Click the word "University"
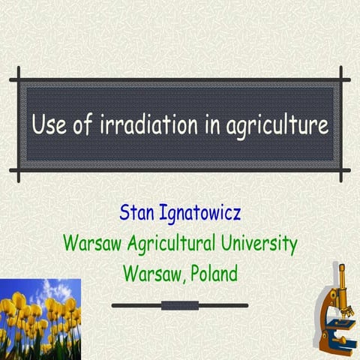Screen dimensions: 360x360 pyautogui.click(x=256, y=244)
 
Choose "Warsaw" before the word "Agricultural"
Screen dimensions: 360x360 pyautogui.click(x=91, y=244)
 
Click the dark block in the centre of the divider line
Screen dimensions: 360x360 pyautogui.click(x=179, y=305)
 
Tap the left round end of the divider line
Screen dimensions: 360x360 pyautogui.click(x=114, y=305)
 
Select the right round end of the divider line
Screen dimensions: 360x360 pyautogui.click(x=244, y=305)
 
